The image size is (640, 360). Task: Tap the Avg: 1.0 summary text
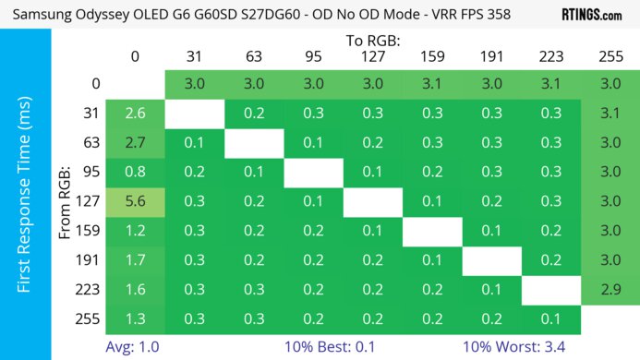pyautogui.click(x=135, y=349)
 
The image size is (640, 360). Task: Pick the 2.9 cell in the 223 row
pyautogui.click(x=610, y=290)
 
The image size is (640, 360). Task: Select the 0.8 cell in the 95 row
pyautogui.click(x=135, y=173)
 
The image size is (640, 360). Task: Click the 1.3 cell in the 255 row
pyautogui.click(x=135, y=319)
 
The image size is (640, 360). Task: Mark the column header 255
pyautogui.click(x=610, y=57)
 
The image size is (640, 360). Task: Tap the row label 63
pyautogui.click(x=91, y=143)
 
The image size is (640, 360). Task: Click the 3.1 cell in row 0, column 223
pyautogui.click(x=550, y=84)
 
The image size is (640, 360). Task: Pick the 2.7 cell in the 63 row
pyautogui.click(x=135, y=143)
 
